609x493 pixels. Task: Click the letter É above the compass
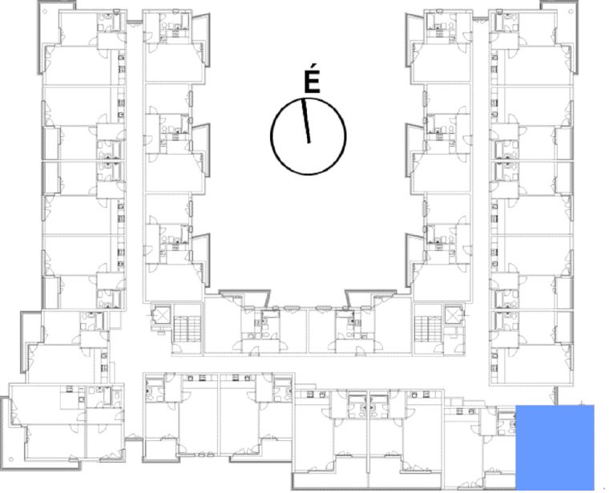[x=312, y=79]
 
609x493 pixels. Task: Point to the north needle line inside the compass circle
[x=305, y=120]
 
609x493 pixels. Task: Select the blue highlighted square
[x=555, y=447]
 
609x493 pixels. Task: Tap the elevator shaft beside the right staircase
[x=454, y=315]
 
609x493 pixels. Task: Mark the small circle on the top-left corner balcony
[x=45, y=11]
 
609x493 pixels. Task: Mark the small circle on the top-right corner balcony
[x=571, y=11]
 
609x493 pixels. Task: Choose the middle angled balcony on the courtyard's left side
[x=201, y=150]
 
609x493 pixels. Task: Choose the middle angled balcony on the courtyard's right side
[x=414, y=150]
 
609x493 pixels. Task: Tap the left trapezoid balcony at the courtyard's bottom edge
[x=244, y=297]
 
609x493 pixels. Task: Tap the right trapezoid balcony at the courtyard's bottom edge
[x=371, y=297]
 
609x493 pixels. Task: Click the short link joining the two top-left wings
[x=135, y=22]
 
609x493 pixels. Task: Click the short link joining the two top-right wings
[x=481, y=19]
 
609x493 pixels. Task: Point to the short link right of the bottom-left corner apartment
[x=134, y=438]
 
